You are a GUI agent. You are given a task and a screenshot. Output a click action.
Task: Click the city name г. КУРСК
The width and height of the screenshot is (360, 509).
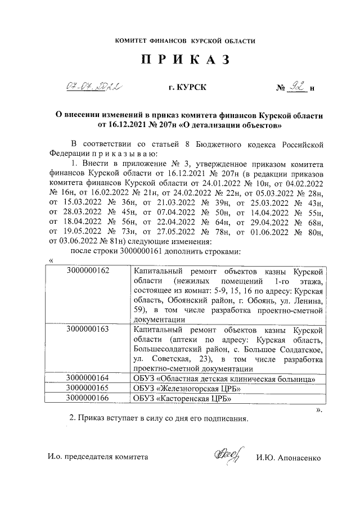tap(187, 88)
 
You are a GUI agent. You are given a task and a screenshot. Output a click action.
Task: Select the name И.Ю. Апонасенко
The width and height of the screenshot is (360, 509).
tap(287, 458)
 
